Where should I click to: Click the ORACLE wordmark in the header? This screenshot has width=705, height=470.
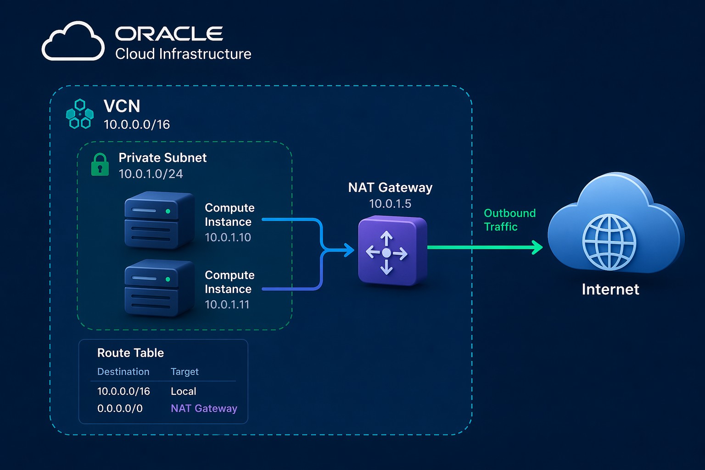[x=168, y=34]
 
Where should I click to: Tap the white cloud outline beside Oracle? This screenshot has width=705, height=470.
[x=73, y=42]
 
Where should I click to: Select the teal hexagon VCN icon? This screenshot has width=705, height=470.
[x=80, y=114]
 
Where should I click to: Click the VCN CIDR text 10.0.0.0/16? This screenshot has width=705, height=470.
[x=137, y=124]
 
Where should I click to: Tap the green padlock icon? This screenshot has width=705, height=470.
[x=100, y=165]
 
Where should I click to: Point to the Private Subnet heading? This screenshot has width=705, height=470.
[x=162, y=157]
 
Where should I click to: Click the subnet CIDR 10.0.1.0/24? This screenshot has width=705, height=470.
[x=151, y=174]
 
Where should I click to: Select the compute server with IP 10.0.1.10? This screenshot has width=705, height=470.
[x=158, y=220]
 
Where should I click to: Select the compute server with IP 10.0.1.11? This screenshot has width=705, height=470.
[x=158, y=287]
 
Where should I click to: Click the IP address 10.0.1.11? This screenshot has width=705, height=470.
[x=227, y=304]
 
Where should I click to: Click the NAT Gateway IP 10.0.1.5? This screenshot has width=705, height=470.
[x=390, y=204]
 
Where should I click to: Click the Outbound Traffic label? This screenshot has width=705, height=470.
[x=509, y=220]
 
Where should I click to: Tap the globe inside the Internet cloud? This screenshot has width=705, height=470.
[x=609, y=242]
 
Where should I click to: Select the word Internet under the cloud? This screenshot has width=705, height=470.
[x=610, y=289]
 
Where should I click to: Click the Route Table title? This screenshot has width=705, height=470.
[x=130, y=352]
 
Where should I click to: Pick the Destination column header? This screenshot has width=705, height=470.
[x=123, y=372]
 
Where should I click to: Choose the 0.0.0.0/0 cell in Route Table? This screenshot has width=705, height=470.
[x=120, y=408]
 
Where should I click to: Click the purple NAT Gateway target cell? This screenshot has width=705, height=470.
[x=204, y=408]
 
